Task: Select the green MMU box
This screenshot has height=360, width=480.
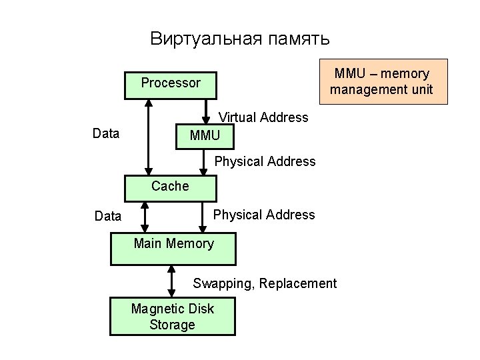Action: pyautogui.click(x=205, y=135)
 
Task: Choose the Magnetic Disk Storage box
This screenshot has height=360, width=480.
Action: pyautogui.click(x=173, y=315)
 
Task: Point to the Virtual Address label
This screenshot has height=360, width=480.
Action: pyautogui.click(x=264, y=118)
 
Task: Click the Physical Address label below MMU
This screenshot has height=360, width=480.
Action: pyautogui.click(x=265, y=161)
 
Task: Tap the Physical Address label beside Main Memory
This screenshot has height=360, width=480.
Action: pyautogui.click(x=264, y=215)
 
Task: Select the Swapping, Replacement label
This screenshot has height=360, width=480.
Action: pyautogui.click(x=265, y=283)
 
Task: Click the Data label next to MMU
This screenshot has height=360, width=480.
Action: pyautogui.click(x=106, y=134)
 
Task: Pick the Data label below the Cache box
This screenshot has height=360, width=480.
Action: pyautogui.click(x=108, y=216)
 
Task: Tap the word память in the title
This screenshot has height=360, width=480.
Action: pyautogui.click(x=299, y=39)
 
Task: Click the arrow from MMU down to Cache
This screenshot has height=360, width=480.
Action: pyautogui.click(x=205, y=162)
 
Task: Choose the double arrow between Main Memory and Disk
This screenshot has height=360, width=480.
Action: pyautogui.click(x=172, y=280)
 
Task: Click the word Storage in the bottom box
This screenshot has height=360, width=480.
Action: pyautogui.click(x=173, y=325)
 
